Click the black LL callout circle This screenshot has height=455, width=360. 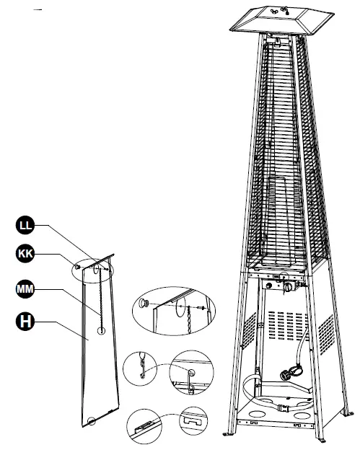[25, 226]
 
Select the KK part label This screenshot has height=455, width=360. [25, 253]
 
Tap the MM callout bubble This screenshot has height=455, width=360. [25, 289]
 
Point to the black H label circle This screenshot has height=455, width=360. [25, 322]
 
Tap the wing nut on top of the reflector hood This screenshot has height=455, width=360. [284, 12]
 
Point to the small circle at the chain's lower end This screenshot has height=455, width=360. [101, 330]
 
